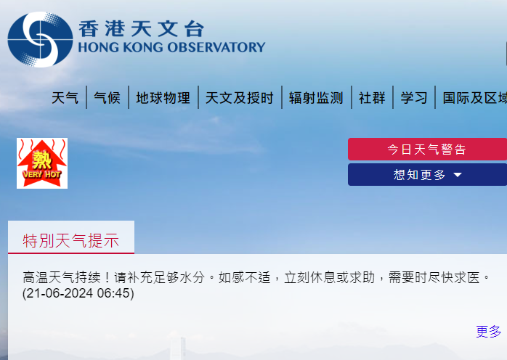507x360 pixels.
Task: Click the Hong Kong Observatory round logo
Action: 40,39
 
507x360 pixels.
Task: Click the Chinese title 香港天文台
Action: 141,28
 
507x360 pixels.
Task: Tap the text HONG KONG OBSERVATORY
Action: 171,48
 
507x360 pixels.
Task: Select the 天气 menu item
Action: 65,98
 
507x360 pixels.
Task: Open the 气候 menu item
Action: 108,98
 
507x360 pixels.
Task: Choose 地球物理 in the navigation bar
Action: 163,98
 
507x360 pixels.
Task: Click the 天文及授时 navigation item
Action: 240,98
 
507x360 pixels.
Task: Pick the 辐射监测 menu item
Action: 316,98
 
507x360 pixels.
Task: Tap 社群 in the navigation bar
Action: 372,98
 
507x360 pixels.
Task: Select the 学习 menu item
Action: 414,98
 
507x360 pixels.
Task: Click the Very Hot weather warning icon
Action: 42,163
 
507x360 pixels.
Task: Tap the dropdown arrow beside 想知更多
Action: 458,175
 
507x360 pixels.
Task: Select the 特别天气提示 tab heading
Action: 71,241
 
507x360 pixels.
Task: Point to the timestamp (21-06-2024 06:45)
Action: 78,293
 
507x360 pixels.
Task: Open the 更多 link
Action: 488,332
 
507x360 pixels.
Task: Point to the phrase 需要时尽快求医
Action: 436,277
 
